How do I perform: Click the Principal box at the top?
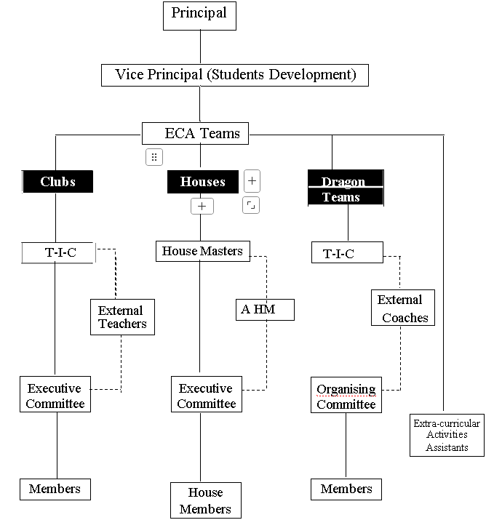click(x=199, y=15)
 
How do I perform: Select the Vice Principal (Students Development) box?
click(x=235, y=75)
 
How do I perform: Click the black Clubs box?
click(x=57, y=181)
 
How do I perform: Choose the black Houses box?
click(x=203, y=181)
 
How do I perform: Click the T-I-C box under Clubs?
click(x=58, y=252)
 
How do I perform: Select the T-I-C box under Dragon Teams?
click(x=347, y=253)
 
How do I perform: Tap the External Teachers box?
click(x=122, y=318)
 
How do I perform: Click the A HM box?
click(x=266, y=310)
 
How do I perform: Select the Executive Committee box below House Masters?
click(x=206, y=396)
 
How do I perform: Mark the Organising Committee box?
click(x=346, y=396)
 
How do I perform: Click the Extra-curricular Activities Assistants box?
click(x=447, y=435)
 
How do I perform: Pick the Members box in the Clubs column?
click(x=55, y=489)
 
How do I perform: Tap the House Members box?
click(x=205, y=500)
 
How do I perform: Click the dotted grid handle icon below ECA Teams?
click(x=154, y=156)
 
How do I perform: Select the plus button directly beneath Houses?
click(x=202, y=207)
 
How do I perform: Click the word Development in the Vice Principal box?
click(x=311, y=75)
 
